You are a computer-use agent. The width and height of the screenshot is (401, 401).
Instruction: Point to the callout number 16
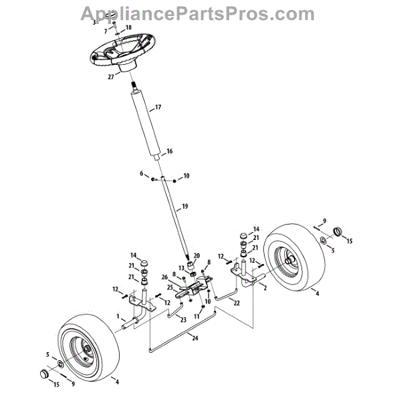pos(169,152)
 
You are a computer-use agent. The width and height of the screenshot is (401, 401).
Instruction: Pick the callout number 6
pos(142,174)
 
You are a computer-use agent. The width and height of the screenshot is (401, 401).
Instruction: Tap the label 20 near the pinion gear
pos(196,256)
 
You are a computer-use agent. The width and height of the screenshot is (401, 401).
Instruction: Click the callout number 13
pos(180,268)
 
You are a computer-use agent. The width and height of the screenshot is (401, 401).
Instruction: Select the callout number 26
pos(164,278)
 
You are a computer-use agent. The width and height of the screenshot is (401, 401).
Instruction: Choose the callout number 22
pos(237,303)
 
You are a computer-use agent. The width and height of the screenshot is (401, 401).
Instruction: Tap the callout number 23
pos(183,320)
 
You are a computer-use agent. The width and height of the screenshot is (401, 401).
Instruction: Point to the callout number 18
pos(129,27)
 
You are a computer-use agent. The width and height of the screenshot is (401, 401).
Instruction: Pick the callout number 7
pos(105,31)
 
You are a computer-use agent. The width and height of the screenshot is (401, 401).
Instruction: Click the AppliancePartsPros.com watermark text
pos(197,13)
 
